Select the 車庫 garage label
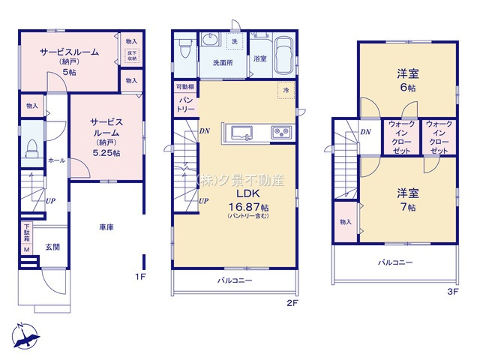point(105,226)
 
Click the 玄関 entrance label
point(52,247)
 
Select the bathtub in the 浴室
point(286,55)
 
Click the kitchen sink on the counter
point(242,133)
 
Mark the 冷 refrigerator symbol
point(286,89)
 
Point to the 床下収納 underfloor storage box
point(131,55)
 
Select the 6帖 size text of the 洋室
point(407,88)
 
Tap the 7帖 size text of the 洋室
point(407,206)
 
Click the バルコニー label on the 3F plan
point(394,262)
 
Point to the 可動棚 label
point(185,86)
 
